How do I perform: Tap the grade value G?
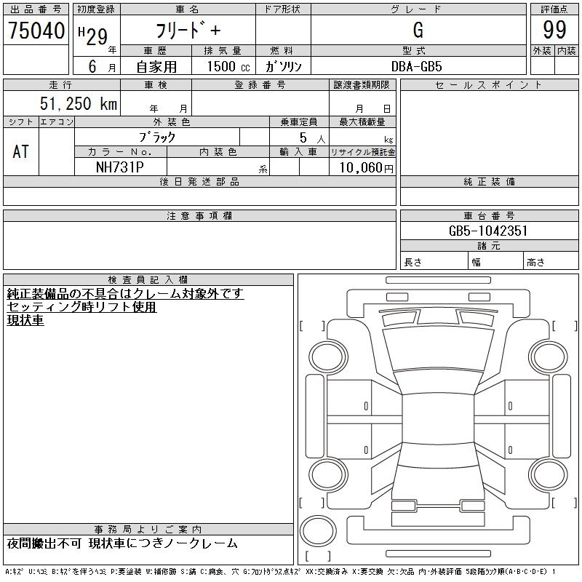point(418,30)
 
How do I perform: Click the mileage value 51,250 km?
point(77,103)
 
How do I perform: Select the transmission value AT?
point(20,151)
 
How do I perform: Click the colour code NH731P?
point(120,167)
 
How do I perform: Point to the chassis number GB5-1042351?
point(488,231)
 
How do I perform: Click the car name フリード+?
point(188,31)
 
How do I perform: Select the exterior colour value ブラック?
point(156,137)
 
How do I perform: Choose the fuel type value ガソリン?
point(282,66)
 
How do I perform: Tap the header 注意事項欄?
point(199,216)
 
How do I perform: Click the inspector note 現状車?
point(25,320)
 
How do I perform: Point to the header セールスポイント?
point(488,85)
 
